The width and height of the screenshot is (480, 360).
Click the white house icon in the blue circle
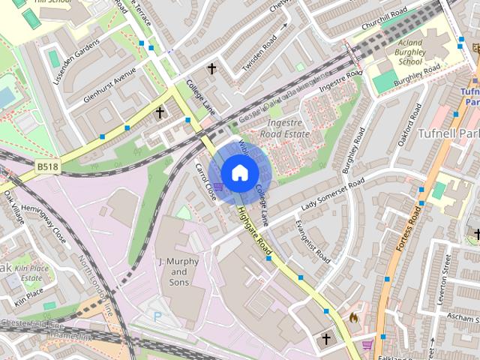(x=238, y=173)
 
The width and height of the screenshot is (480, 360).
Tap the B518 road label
(x=46, y=167)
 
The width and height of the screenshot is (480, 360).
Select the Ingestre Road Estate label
(x=284, y=128)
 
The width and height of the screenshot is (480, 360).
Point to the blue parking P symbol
(x=157, y=317)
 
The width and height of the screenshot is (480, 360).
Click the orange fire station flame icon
(x=353, y=318)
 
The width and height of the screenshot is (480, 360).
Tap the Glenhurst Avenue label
(x=110, y=85)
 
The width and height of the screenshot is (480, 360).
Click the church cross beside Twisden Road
(x=211, y=69)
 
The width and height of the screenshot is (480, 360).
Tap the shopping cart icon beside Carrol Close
(x=218, y=186)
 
